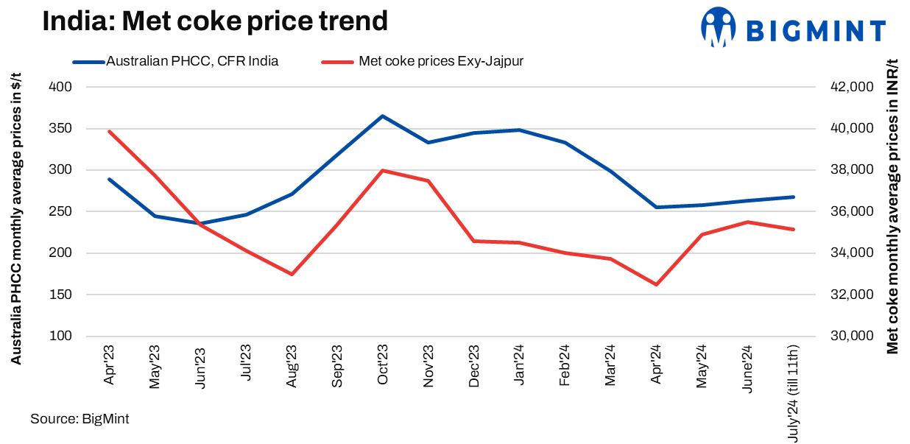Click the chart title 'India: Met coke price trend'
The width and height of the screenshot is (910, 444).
[214, 21]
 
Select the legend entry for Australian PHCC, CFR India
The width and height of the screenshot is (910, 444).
[192, 61]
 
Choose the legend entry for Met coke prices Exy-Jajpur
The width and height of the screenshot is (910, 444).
[441, 61]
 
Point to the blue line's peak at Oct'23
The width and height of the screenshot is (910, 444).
[382, 116]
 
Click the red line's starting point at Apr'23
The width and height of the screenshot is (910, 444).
[109, 132]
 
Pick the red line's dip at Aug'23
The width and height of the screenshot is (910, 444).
[292, 274]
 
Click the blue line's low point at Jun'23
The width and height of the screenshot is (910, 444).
[200, 223]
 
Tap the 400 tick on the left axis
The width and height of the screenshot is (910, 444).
[61, 87]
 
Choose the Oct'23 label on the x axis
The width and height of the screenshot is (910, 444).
[382, 366]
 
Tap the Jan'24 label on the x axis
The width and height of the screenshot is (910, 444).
[519, 366]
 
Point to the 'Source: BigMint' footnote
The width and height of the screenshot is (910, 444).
[80, 419]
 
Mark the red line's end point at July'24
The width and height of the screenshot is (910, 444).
[793, 229]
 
